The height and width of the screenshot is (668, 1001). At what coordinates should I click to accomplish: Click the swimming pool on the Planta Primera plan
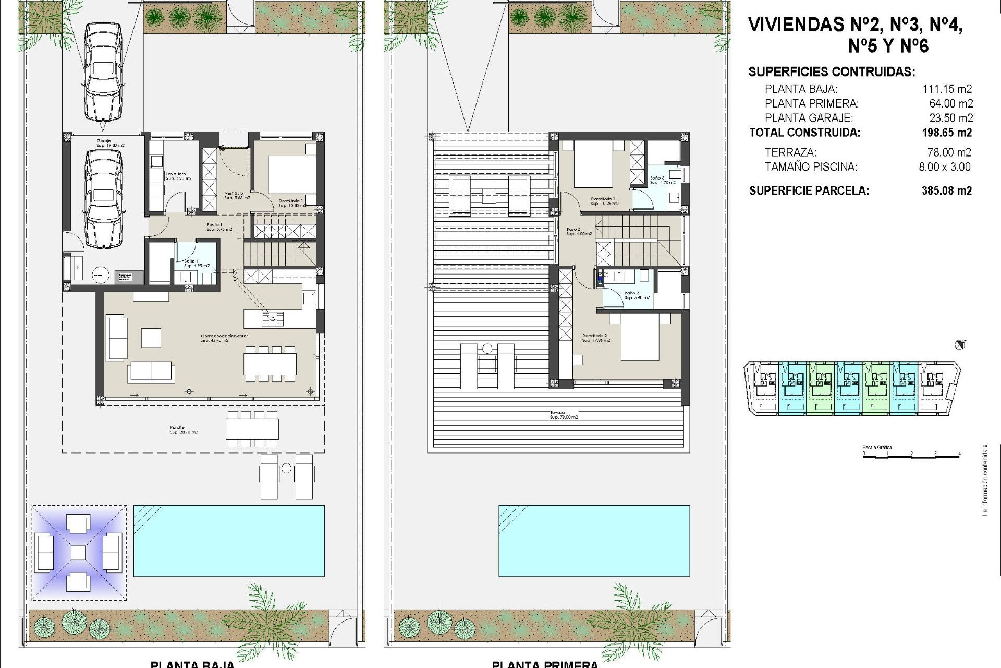(x=594, y=541)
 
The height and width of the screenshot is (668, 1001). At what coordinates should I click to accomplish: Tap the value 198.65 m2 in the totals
(x=946, y=133)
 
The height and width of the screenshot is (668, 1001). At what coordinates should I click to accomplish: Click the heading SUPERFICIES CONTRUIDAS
(x=832, y=72)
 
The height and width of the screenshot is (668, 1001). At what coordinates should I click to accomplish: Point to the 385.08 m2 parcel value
(x=946, y=190)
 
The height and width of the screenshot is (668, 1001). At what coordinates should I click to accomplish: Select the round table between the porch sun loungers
(x=286, y=468)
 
